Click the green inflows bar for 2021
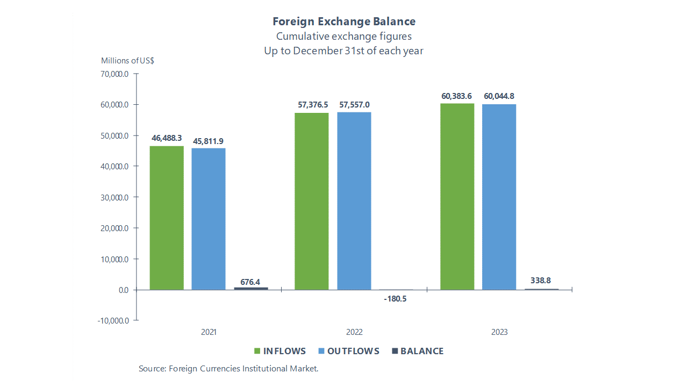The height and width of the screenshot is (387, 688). [x=167, y=218]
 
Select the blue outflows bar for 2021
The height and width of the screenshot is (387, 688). [x=209, y=219]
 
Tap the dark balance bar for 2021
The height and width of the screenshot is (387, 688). [x=250, y=289]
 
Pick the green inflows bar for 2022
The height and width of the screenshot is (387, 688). [x=312, y=201]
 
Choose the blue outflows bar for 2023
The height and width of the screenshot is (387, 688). [x=499, y=197]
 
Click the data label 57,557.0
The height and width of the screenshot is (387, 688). [x=354, y=105]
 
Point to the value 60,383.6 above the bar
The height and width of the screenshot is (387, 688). [x=456, y=96]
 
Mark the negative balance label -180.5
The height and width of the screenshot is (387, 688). [x=395, y=299]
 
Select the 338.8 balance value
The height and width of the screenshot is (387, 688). [x=541, y=280]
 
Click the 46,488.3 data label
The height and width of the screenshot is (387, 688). [x=167, y=138]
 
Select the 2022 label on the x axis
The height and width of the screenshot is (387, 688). [x=354, y=332]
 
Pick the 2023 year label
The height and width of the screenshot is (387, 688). [x=499, y=332]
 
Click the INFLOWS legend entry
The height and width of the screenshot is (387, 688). [x=279, y=351]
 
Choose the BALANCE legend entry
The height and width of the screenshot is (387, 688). [x=418, y=351]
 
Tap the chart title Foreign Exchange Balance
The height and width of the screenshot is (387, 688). [x=344, y=21]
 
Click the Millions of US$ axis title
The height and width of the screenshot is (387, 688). [x=127, y=61]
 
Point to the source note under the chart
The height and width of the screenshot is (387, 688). [x=228, y=369]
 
